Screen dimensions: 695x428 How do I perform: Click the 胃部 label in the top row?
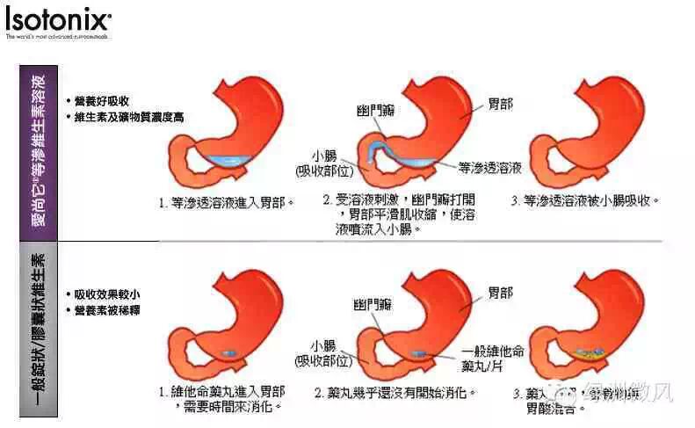click(501, 104)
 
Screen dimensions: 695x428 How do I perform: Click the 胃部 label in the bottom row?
click(501, 291)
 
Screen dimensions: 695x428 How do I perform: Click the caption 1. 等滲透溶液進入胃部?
click(226, 202)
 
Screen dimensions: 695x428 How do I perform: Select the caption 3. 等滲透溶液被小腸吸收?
click(584, 201)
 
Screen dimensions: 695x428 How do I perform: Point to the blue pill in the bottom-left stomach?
click(229, 352)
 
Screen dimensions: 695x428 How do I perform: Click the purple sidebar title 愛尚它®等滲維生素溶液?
click(45, 151)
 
